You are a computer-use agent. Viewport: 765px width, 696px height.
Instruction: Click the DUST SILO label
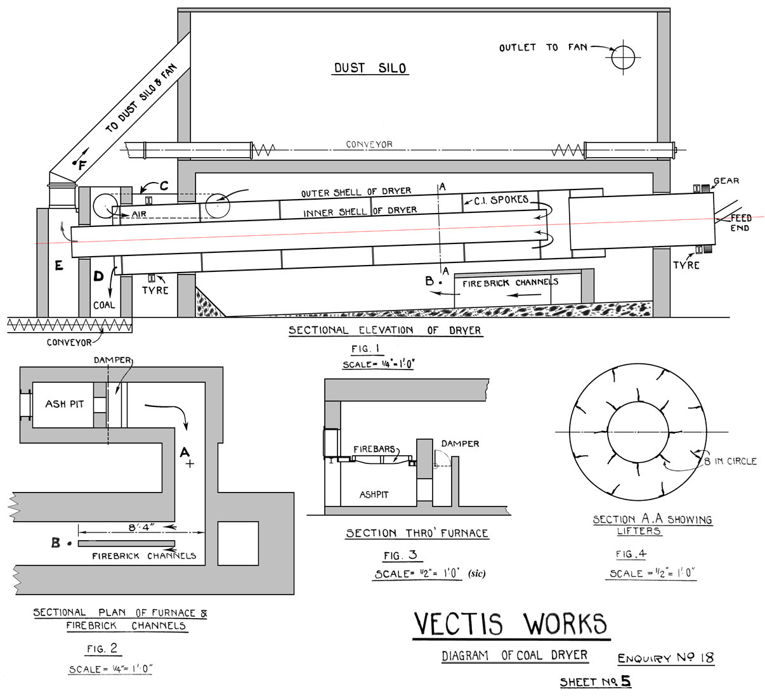click(370, 68)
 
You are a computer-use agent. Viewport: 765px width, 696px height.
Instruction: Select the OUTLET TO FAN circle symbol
click(623, 58)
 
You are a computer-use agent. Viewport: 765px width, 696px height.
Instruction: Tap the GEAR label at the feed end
click(726, 181)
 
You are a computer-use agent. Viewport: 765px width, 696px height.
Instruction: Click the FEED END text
click(740, 223)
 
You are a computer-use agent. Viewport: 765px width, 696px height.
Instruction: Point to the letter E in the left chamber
click(59, 266)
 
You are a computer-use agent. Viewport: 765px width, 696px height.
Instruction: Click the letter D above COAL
click(98, 276)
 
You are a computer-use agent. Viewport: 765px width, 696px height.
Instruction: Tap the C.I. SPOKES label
click(501, 200)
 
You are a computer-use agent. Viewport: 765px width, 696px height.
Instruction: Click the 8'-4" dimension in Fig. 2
click(141, 527)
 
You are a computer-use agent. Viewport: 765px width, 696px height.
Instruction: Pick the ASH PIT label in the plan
click(64, 404)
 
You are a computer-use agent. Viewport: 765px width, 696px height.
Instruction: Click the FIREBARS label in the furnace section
click(374, 449)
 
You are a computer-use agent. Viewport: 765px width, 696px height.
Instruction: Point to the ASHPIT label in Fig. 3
click(374, 494)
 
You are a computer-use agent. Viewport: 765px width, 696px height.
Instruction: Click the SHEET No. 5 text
click(595, 682)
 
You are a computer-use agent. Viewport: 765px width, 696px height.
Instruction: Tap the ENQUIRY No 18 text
click(665, 658)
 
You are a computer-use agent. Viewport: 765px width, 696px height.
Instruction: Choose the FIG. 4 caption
click(631, 554)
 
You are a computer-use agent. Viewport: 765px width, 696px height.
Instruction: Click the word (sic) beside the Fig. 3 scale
click(476, 574)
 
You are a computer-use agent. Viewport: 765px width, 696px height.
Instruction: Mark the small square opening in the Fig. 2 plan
click(238, 543)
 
